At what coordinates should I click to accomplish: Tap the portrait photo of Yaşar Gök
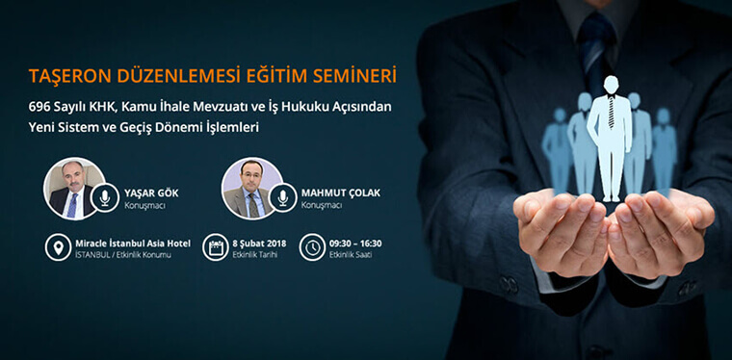click(72, 189)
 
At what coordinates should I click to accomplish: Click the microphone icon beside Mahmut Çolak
click(282, 197)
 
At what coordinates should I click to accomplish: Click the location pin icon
click(59, 247)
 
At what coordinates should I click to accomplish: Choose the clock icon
click(312, 247)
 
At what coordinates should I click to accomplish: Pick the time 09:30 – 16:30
click(355, 243)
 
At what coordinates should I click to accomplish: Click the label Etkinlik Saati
click(350, 255)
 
